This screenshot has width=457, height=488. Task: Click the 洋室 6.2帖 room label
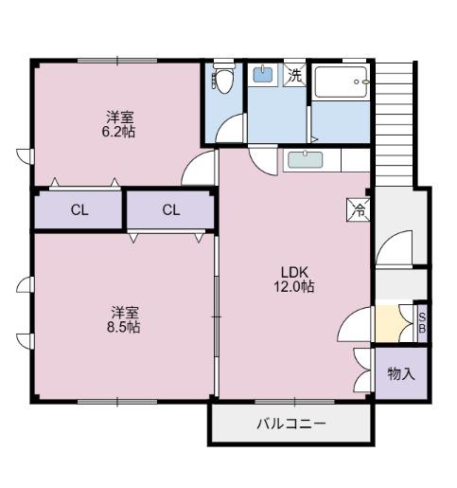coord(119,124)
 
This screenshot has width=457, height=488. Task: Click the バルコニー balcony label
coord(290,424)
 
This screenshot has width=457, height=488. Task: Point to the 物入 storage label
coord(401,373)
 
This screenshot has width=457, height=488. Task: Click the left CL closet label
coord(79,210)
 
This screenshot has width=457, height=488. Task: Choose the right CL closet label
coord(170,210)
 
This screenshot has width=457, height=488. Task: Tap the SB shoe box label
coord(422,323)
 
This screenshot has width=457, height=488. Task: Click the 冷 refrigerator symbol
coord(359,210)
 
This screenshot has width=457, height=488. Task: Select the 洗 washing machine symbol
coord(295,75)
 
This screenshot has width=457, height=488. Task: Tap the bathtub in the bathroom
coord(341,87)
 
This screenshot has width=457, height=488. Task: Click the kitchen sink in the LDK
coord(306,159)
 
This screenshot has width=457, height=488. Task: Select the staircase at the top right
coord(395,118)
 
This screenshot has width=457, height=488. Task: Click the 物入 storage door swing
coord(362,359)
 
